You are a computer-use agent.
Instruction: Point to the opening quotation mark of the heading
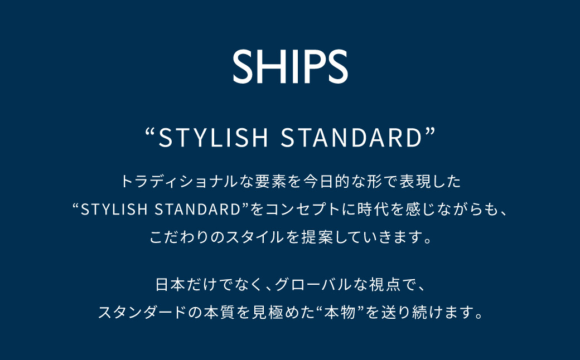tap(149, 134)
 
